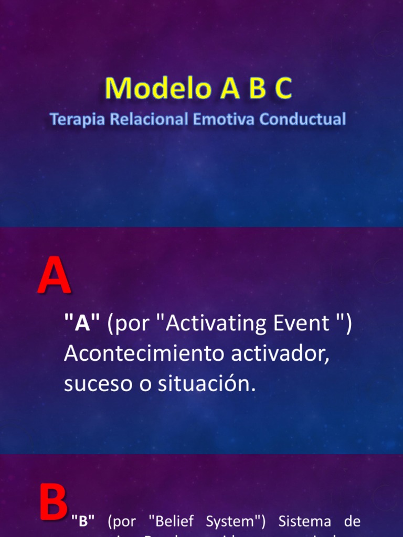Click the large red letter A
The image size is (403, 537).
(x=54, y=277)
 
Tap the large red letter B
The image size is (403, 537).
(x=54, y=503)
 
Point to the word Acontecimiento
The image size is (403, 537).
(x=137, y=354)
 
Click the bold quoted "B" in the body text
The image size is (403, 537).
(x=83, y=521)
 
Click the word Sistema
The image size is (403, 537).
(x=305, y=521)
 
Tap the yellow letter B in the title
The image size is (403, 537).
(x=257, y=88)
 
